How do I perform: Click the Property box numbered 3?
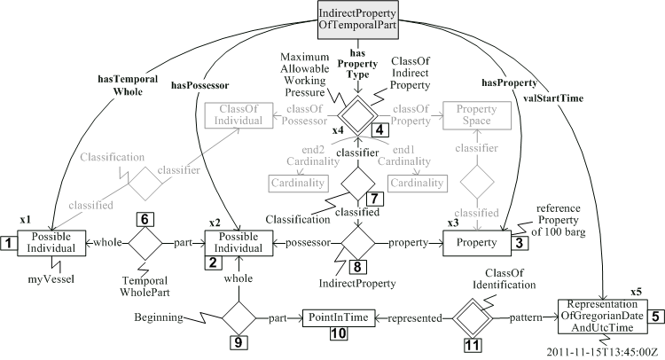point(474,242)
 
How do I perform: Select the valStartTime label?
point(560,98)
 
